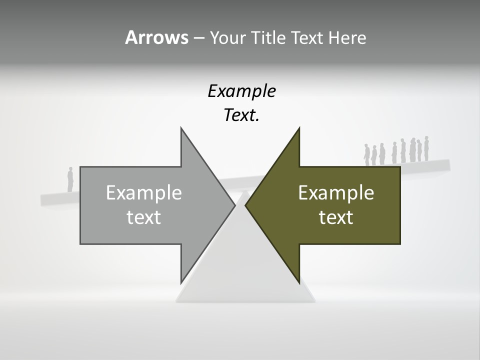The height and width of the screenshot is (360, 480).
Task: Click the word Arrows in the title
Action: (x=156, y=37)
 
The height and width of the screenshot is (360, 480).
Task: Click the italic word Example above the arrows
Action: (x=241, y=91)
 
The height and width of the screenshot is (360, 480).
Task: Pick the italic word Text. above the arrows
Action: (x=241, y=115)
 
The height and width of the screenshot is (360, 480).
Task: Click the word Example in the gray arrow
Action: (x=143, y=192)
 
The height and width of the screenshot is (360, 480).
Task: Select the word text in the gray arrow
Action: (x=143, y=217)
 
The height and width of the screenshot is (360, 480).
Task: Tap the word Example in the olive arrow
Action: (x=336, y=192)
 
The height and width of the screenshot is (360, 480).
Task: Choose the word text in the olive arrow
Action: (x=336, y=217)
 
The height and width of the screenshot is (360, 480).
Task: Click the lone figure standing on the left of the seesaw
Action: (x=70, y=179)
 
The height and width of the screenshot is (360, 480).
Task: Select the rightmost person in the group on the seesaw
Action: (x=426, y=148)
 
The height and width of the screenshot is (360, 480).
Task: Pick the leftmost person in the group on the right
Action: (x=366, y=154)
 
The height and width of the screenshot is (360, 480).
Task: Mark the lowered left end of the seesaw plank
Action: (x=47, y=199)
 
